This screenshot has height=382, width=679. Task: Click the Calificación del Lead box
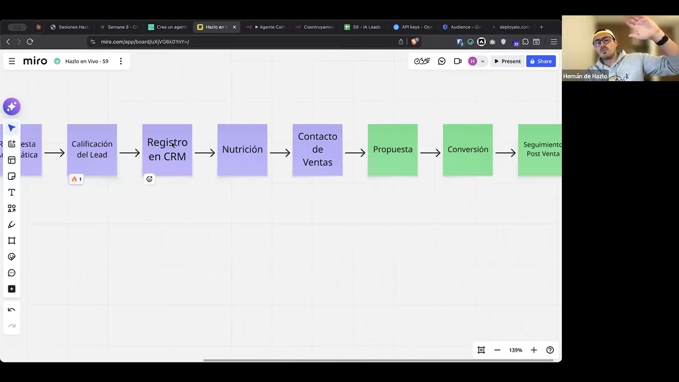[92, 150]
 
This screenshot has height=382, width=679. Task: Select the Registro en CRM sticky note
[167, 150]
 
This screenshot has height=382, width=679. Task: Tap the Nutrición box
[242, 150]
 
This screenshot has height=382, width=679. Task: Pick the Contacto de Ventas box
[317, 150]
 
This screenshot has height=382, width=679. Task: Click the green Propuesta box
[393, 150]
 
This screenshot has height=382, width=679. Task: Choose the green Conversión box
[468, 150]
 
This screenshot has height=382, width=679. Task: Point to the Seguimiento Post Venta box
[540, 150]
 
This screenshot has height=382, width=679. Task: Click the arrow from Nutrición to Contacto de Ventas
[280, 153]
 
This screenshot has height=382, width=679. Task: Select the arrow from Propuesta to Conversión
[430, 153]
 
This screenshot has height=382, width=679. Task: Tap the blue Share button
[541, 62]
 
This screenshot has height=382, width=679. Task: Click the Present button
[507, 62]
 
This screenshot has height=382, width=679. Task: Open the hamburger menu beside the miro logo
[12, 62]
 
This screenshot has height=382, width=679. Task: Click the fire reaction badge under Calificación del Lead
[76, 179]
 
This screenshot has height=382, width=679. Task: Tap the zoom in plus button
[534, 350]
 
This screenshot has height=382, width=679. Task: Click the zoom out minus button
[497, 350]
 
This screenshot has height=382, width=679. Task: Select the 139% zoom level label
[516, 350]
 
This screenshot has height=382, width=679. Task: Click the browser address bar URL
[145, 42]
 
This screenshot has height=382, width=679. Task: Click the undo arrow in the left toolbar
[12, 310]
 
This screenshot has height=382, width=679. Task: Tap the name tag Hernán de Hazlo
[585, 76]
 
